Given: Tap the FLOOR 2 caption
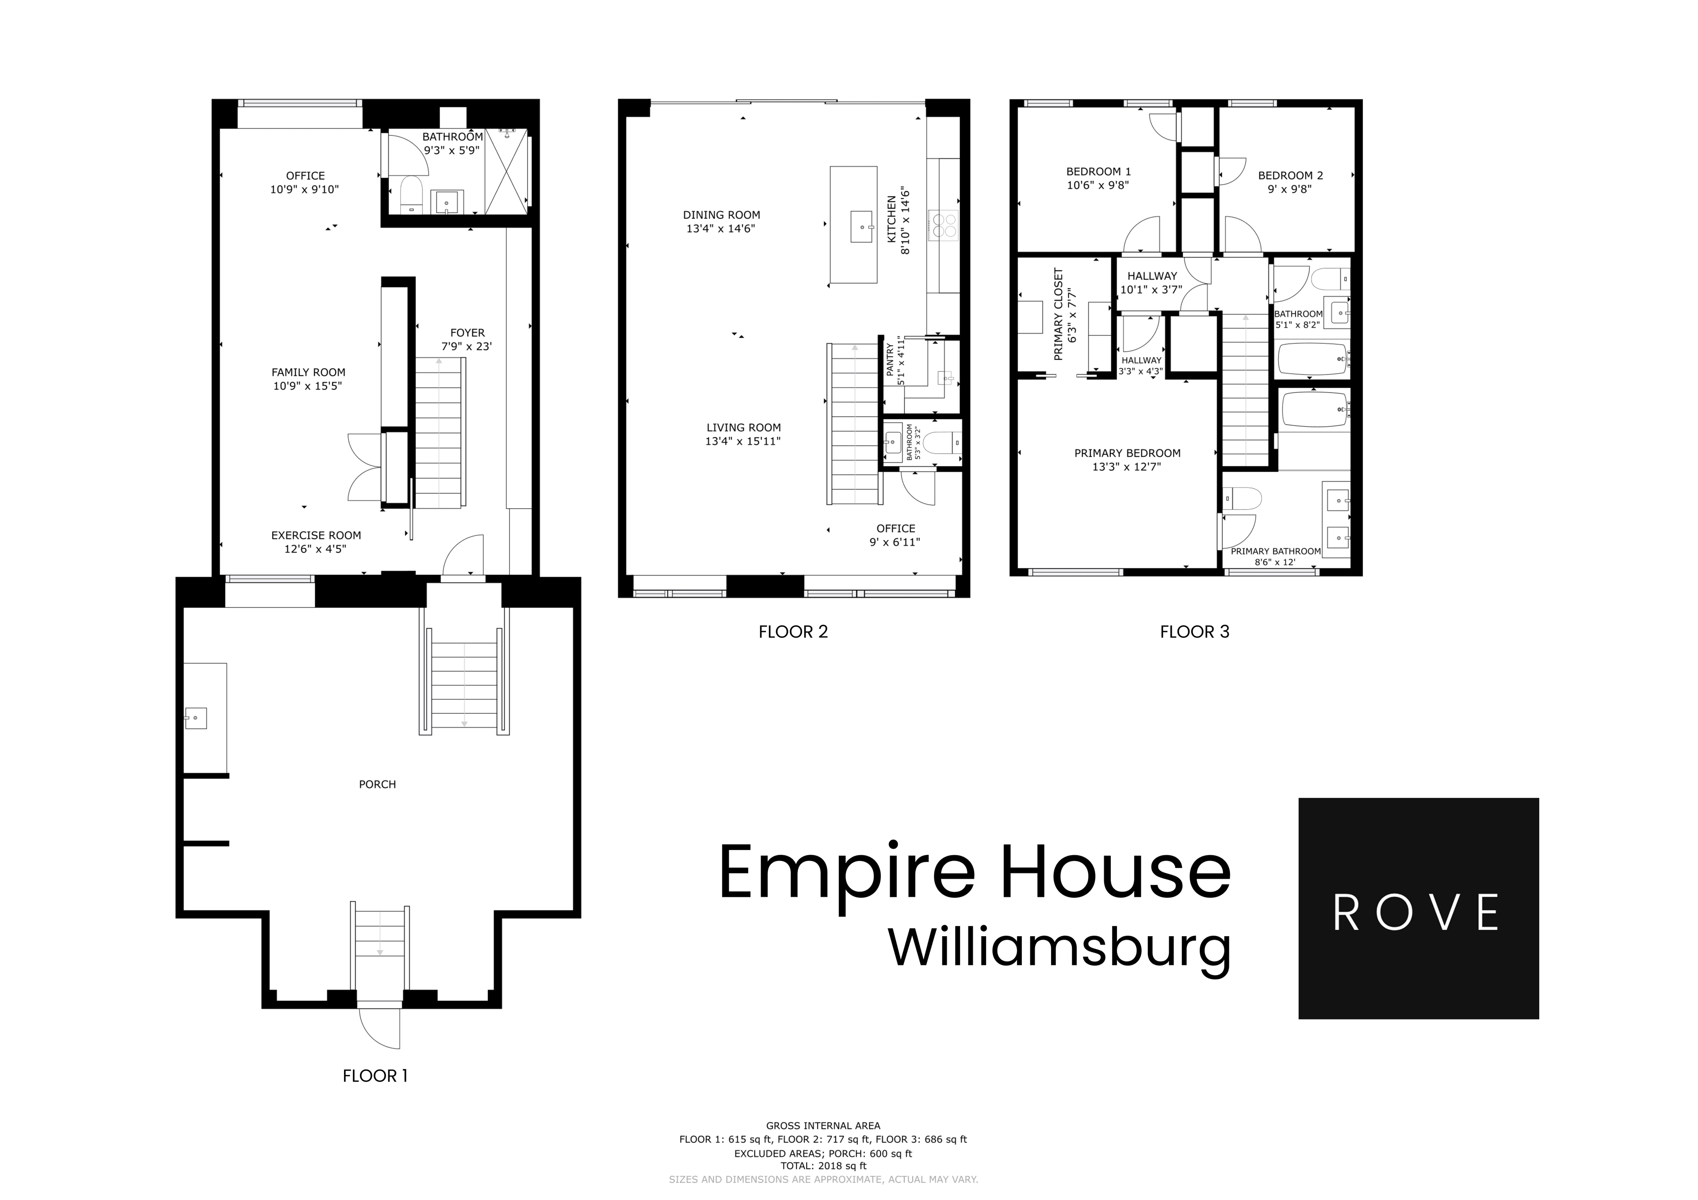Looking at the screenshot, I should (793, 632).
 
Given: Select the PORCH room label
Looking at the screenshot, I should (377, 785).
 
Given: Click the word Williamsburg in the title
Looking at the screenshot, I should (1059, 949).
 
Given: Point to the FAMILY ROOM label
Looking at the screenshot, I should (308, 373).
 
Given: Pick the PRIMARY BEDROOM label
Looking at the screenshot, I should (1127, 453).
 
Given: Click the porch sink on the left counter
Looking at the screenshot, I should (196, 718).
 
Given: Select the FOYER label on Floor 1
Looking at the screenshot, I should (467, 333).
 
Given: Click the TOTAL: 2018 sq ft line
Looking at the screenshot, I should (822, 1166).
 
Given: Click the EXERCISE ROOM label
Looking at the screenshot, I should (316, 535).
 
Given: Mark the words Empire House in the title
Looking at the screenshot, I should (974, 873).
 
